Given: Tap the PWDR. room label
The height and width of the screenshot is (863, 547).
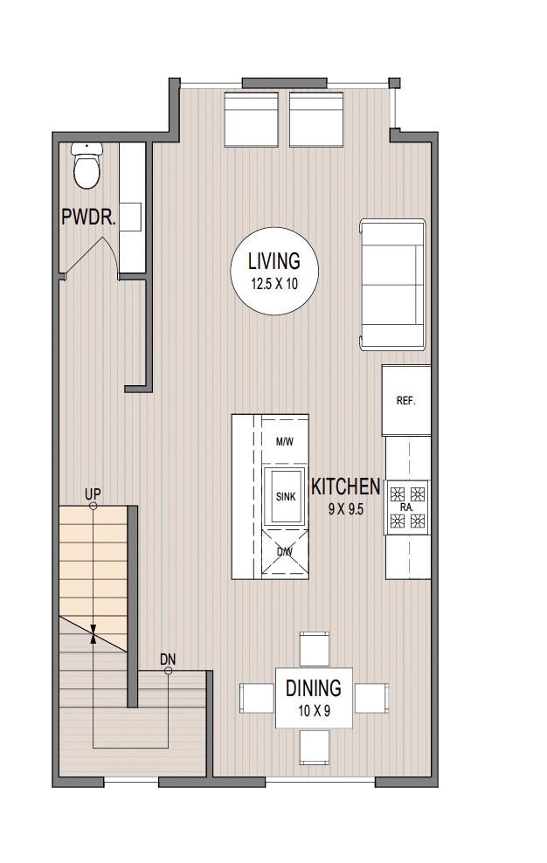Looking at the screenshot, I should (88, 217).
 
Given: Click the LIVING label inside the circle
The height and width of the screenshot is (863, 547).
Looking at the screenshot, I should (273, 260).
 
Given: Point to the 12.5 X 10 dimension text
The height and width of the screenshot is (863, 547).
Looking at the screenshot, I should (273, 283).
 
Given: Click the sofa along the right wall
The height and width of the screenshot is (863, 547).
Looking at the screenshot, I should (392, 285).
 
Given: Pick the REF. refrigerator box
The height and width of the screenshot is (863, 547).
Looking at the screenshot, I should (405, 401).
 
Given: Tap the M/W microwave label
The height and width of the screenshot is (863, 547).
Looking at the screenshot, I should (284, 442).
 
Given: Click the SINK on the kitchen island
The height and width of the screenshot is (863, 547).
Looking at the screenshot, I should (285, 496).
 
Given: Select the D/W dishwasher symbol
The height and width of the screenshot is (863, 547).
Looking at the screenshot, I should (285, 552).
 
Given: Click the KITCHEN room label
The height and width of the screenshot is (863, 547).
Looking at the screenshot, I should (345, 487).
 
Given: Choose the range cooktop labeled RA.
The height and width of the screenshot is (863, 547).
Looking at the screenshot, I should (406, 507).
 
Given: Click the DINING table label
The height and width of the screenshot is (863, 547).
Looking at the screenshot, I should (313, 688).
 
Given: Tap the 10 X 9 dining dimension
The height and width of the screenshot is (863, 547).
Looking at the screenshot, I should (313, 711).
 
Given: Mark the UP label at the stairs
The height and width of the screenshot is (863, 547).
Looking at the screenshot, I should (93, 494).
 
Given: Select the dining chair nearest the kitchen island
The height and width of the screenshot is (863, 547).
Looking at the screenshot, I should (314, 648).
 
